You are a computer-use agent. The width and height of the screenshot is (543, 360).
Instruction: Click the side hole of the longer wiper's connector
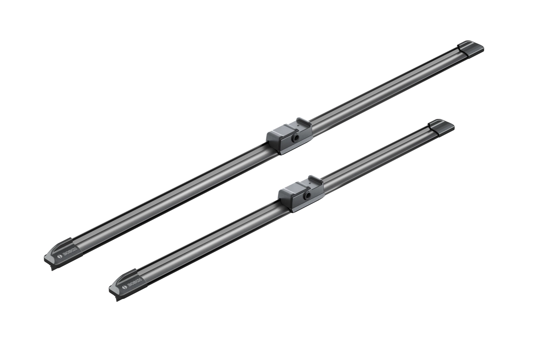(295, 138)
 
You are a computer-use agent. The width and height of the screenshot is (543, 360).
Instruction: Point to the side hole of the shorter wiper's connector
(307, 195)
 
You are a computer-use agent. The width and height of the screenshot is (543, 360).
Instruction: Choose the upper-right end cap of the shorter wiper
(441, 127)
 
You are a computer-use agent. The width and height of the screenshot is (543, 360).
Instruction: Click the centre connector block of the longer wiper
(289, 136)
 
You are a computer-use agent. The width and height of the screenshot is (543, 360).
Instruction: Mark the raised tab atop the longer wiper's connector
(304, 122)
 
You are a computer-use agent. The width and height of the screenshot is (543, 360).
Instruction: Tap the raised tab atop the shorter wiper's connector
(316, 180)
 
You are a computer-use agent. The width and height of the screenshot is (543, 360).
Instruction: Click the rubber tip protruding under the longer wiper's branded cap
(53, 267)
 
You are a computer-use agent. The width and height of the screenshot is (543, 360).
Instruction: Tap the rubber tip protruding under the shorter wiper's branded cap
(118, 298)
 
